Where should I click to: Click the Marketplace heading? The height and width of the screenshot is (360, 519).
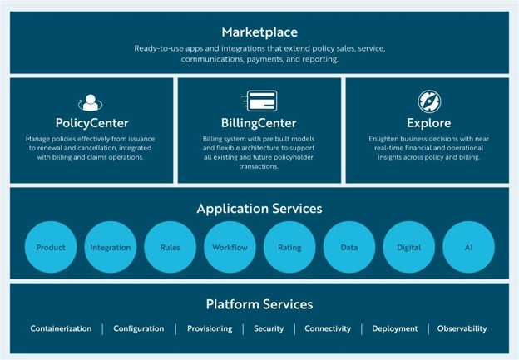click(x=259, y=32)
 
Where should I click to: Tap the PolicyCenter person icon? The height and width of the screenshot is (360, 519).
click(x=91, y=102)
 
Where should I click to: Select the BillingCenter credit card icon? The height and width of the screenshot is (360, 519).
click(x=259, y=101)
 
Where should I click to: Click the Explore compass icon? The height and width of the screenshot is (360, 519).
click(x=429, y=101)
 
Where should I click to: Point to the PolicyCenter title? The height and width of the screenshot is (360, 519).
click(x=92, y=123)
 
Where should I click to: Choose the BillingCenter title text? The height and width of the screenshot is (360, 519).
click(x=259, y=123)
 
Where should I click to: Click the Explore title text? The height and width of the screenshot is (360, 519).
click(x=428, y=123)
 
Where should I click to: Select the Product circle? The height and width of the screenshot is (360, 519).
click(x=51, y=247)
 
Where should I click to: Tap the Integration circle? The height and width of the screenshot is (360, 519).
click(x=111, y=247)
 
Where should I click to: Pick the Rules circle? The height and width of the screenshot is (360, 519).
click(x=171, y=247)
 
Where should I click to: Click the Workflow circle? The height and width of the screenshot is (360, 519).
click(x=230, y=247)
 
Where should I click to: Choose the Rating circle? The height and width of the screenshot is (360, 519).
click(x=289, y=247)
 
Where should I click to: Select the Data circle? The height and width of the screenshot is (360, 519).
click(x=349, y=247)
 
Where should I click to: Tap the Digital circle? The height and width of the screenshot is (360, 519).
click(x=408, y=247)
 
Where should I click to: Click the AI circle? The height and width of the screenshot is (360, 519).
click(x=469, y=247)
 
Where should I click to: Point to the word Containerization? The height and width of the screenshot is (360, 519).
click(x=61, y=328)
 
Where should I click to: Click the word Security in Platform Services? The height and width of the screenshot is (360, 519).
click(x=269, y=329)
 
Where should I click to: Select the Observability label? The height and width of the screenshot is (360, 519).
click(x=462, y=329)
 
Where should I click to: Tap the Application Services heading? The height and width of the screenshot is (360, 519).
click(x=259, y=209)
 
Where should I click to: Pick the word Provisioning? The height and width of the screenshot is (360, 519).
click(x=210, y=329)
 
